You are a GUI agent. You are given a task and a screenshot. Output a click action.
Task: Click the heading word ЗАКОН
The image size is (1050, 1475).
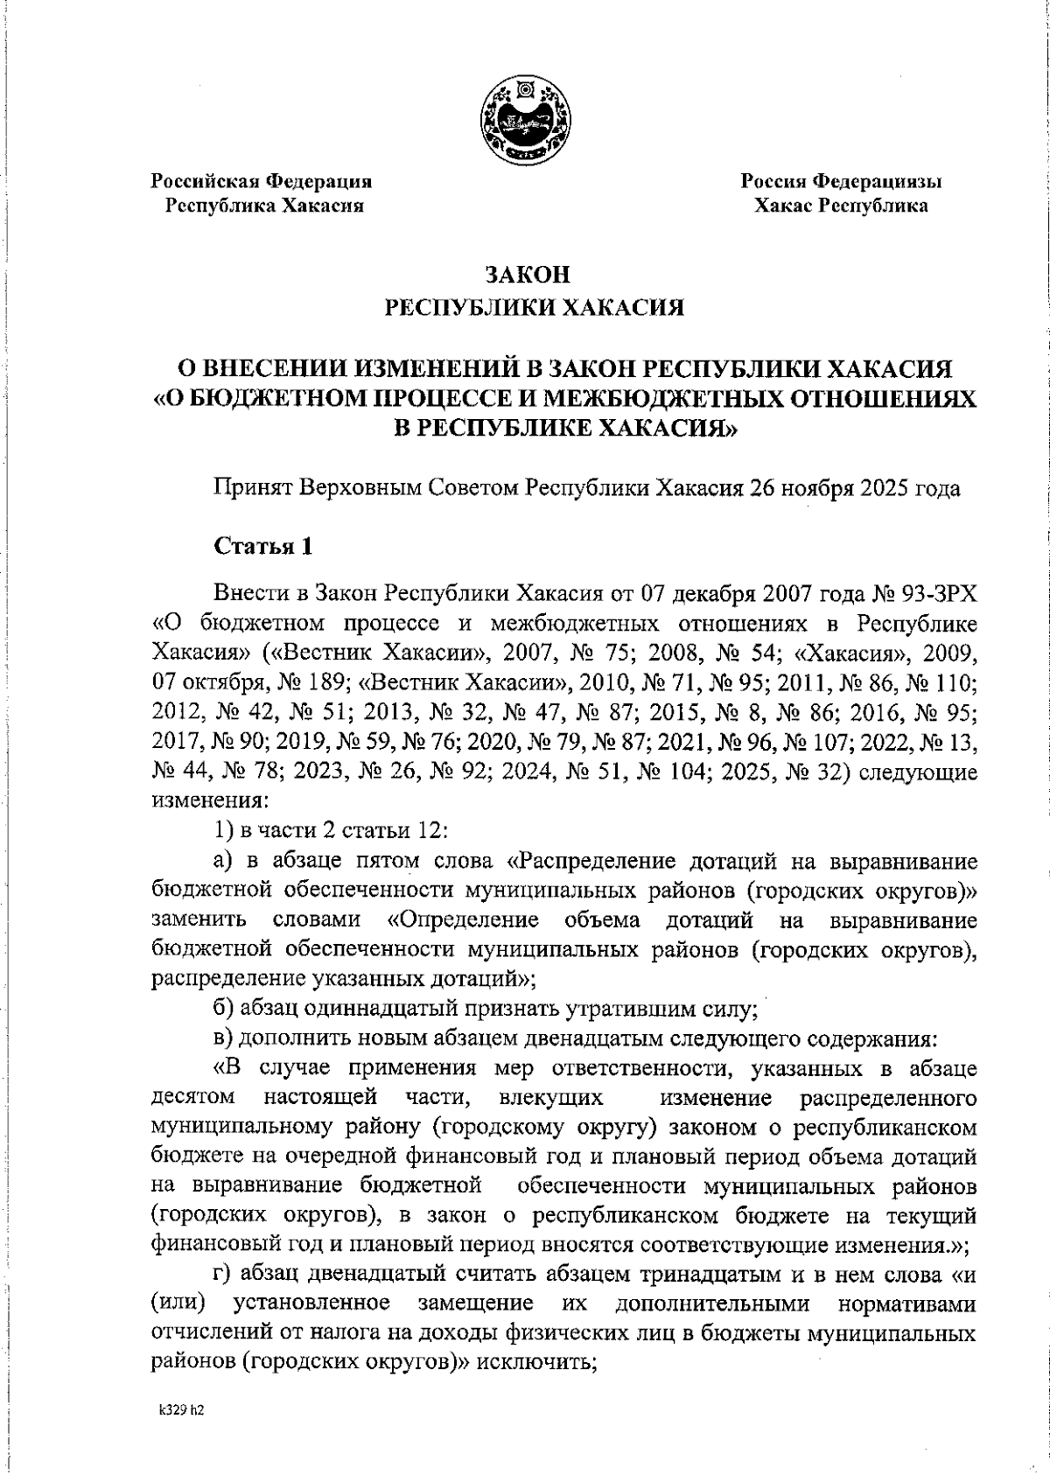click(x=528, y=275)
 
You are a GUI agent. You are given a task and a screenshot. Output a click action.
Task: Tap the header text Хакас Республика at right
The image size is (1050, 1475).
click(x=841, y=206)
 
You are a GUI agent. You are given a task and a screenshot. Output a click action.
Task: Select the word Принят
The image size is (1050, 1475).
click(x=254, y=487)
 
